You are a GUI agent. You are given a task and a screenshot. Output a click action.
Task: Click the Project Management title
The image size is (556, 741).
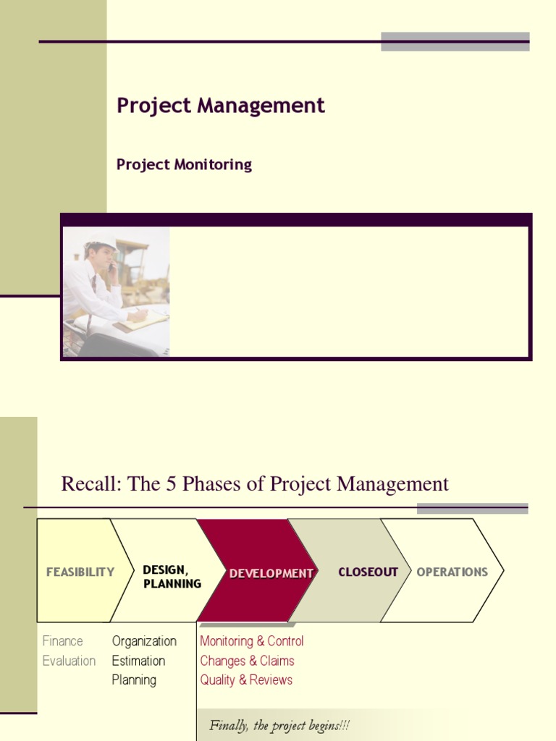(221, 106)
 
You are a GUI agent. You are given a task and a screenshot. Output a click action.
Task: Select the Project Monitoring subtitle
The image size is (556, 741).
(184, 164)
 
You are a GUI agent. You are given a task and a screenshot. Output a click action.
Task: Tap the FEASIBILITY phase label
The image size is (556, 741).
(80, 572)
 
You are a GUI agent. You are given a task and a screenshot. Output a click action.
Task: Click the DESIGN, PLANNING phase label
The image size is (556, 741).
(172, 577)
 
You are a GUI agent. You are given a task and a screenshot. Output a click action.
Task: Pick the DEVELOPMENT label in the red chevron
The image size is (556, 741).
(271, 573)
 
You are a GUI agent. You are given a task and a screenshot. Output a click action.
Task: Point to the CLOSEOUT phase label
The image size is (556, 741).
(368, 572)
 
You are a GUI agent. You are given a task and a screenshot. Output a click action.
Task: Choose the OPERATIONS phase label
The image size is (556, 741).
(452, 572)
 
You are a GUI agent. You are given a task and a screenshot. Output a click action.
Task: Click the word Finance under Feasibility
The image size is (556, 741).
(63, 641)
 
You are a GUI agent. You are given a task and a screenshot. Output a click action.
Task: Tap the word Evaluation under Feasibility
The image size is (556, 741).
(69, 661)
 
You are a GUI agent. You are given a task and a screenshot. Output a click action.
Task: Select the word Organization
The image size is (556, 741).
(144, 641)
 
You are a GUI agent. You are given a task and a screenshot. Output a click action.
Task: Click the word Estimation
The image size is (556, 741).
(138, 661)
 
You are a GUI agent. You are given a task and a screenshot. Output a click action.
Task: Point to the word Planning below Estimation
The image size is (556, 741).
(134, 680)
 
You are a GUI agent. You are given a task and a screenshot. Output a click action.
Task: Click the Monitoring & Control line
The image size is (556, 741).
(251, 641)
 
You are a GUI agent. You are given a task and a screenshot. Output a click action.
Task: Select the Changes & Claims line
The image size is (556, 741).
(247, 661)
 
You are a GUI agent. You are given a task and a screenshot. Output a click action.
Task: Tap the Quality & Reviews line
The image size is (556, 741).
(246, 680)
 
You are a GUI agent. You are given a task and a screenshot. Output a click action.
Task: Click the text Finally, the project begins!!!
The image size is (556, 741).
(279, 725)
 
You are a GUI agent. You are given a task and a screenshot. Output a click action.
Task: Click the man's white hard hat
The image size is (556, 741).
(101, 244)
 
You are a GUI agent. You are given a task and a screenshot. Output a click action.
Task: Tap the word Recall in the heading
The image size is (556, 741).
(89, 484)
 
